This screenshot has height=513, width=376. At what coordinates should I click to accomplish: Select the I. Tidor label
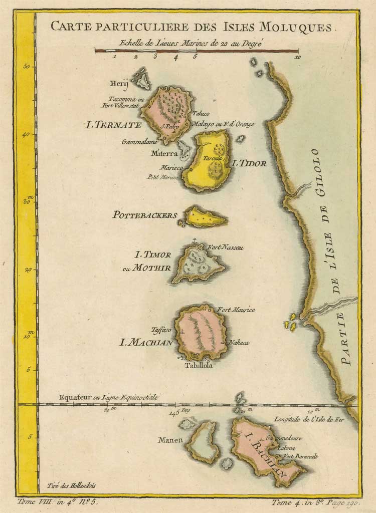[x=249, y=163]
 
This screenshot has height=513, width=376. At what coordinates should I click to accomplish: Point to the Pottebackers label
[x=145, y=215]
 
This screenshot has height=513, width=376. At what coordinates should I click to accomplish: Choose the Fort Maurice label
[x=236, y=310]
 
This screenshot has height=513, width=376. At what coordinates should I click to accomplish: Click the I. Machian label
[x=146, y=343]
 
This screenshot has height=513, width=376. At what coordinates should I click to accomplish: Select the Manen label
[x=170, y=440]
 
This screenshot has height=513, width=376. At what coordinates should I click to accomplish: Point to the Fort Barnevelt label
[x=301, y=457]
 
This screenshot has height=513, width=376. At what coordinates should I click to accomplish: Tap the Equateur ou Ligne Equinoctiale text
[x=108, y=397]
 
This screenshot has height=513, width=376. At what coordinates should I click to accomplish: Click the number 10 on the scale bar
[x=298, y=58]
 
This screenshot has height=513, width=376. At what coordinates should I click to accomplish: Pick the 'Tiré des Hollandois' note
[x=71, y=485]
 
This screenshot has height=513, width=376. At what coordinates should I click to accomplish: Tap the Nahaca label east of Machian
[x=239, y=343]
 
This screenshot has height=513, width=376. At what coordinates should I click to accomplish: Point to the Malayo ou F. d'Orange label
[x=223, y=124]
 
